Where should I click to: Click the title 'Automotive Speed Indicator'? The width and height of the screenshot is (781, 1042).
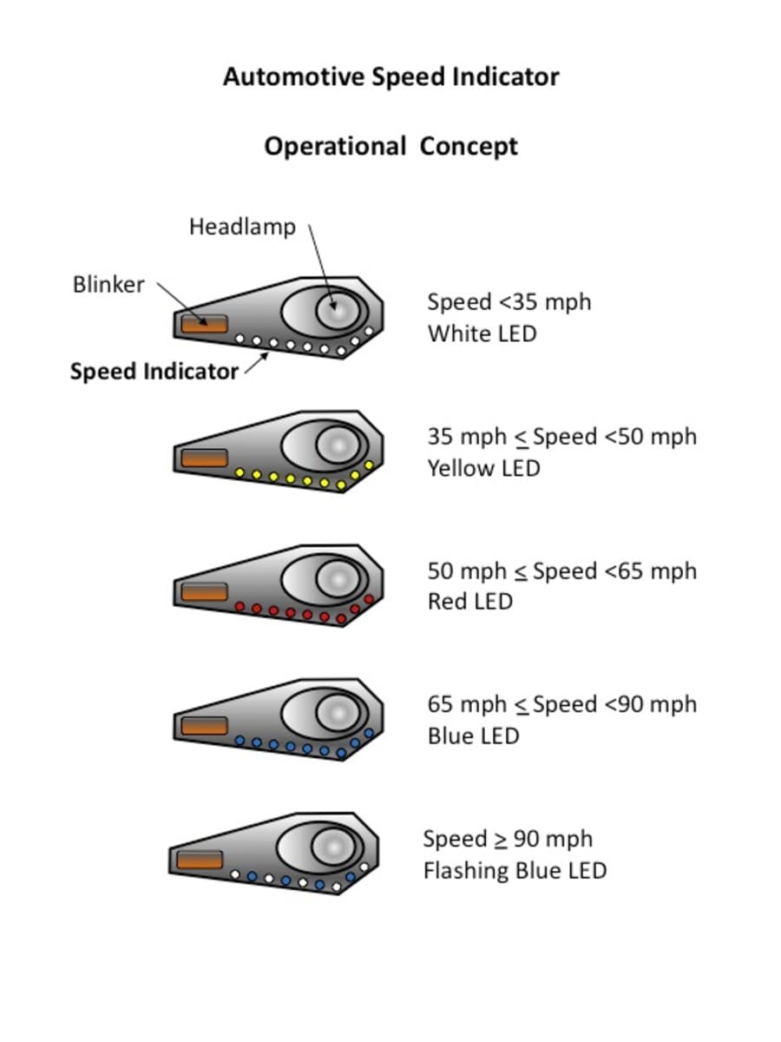[390, 76]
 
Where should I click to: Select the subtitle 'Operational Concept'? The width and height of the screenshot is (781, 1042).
[390, 146]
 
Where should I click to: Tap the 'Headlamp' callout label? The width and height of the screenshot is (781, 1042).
[242, 228]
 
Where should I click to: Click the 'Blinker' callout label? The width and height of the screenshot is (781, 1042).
[108, 285]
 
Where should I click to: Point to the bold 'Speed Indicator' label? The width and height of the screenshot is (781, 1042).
[154, 372]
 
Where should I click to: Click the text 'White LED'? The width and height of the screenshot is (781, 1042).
[482, 333]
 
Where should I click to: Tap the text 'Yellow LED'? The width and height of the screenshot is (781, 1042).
[483, 469]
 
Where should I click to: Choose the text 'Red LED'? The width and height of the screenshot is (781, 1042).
[469, 602]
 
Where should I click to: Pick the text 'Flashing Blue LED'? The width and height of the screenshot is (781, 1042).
[515, 870]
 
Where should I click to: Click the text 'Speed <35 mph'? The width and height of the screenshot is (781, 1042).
[509, 302]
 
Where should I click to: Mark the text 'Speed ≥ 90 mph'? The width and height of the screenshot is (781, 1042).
[508, 839]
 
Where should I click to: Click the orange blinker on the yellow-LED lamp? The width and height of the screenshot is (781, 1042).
[204, 458]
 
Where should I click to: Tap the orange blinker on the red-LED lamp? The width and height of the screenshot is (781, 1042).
[204, 591]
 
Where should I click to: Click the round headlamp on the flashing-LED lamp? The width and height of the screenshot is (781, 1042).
[332, 845]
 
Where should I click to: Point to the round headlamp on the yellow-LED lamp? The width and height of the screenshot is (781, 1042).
[337, 445]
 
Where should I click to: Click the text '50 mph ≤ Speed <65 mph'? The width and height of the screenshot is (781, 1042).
[561, 570]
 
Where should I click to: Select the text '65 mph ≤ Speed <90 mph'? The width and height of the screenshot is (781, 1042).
[561, 704]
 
